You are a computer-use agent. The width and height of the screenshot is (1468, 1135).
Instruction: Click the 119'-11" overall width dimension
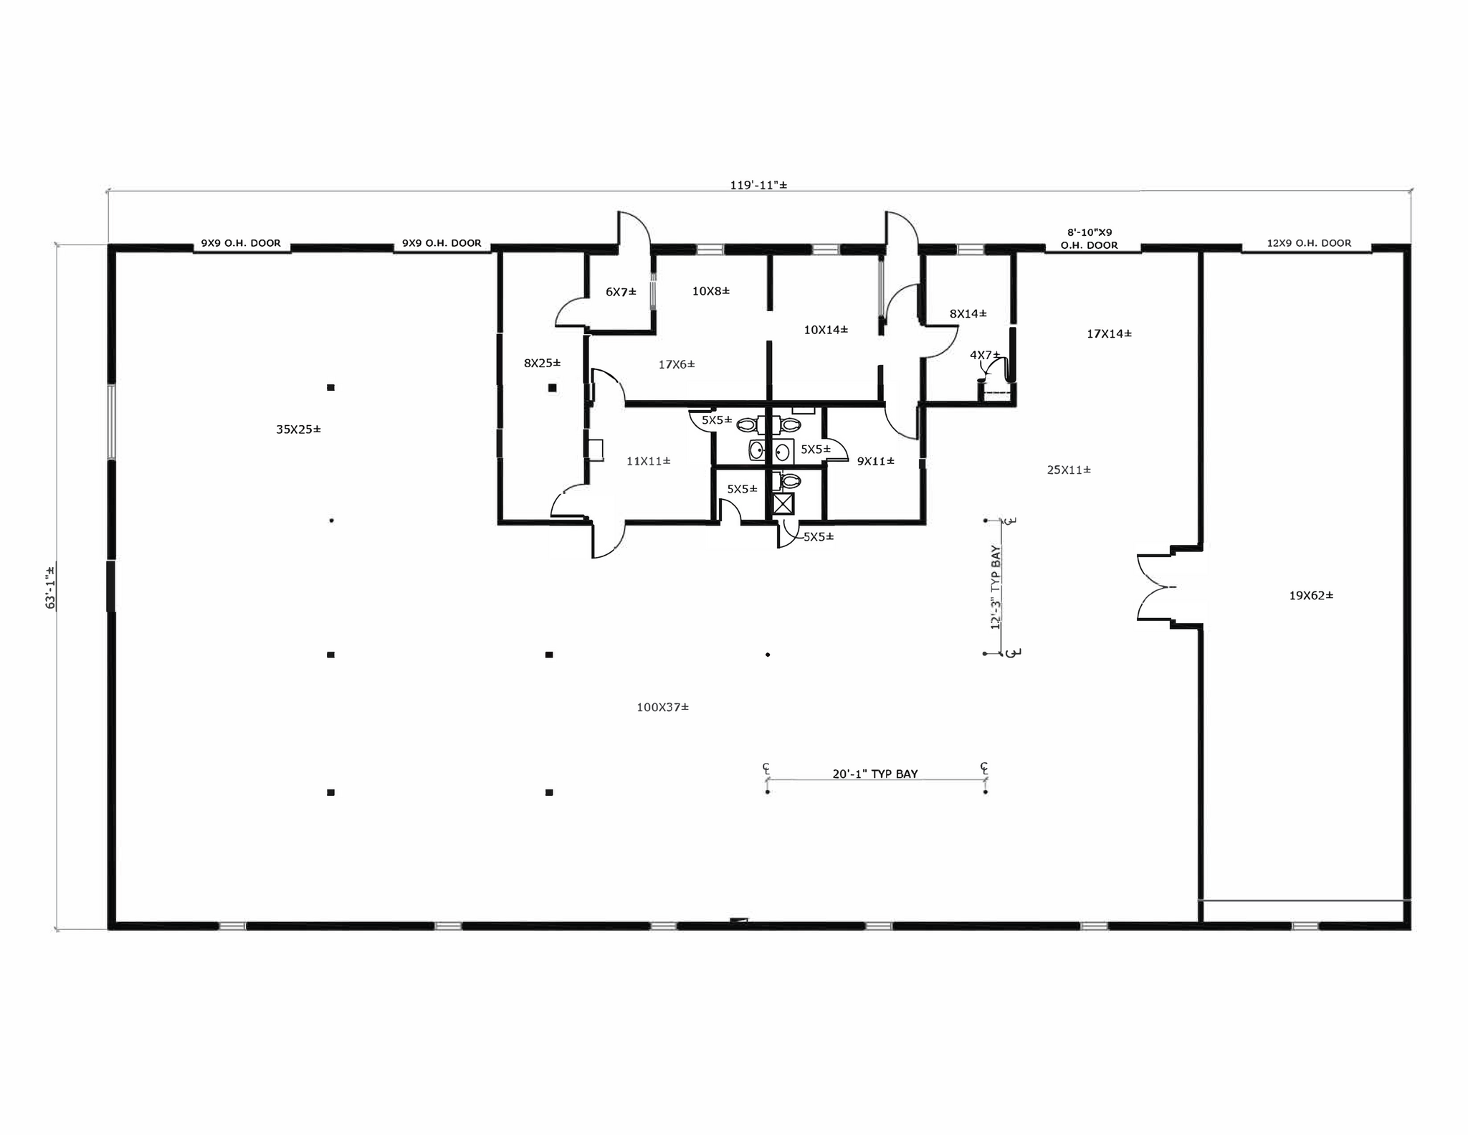758,185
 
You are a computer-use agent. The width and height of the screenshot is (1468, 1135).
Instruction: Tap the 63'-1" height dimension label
50,587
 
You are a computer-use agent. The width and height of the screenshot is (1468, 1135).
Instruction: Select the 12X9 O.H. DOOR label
1309,243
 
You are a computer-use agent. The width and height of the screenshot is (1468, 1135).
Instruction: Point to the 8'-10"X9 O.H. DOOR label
1089,239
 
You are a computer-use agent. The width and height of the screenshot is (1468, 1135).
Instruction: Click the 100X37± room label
662,707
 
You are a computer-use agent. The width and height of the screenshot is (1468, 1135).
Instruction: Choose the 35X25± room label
298,429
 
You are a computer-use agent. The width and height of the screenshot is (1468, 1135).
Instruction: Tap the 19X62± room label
1311,595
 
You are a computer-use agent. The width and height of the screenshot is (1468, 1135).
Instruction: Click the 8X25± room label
542,363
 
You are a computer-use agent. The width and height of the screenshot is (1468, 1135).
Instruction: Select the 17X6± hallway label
677,364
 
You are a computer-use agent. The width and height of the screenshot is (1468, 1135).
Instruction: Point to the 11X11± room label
648,461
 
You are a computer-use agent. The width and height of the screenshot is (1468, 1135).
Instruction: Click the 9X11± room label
875,461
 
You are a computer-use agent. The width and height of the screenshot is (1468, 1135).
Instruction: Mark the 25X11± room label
1069,470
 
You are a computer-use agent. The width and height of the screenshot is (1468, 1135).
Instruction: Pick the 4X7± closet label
984,355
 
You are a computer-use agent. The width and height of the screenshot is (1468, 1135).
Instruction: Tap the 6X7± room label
621,292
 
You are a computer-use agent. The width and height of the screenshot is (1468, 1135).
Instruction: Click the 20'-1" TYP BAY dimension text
874,774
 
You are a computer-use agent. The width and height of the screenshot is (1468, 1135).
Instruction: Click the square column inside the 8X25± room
552,388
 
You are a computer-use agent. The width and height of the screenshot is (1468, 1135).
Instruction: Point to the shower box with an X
783,503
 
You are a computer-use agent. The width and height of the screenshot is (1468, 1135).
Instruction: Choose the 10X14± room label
826,330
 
